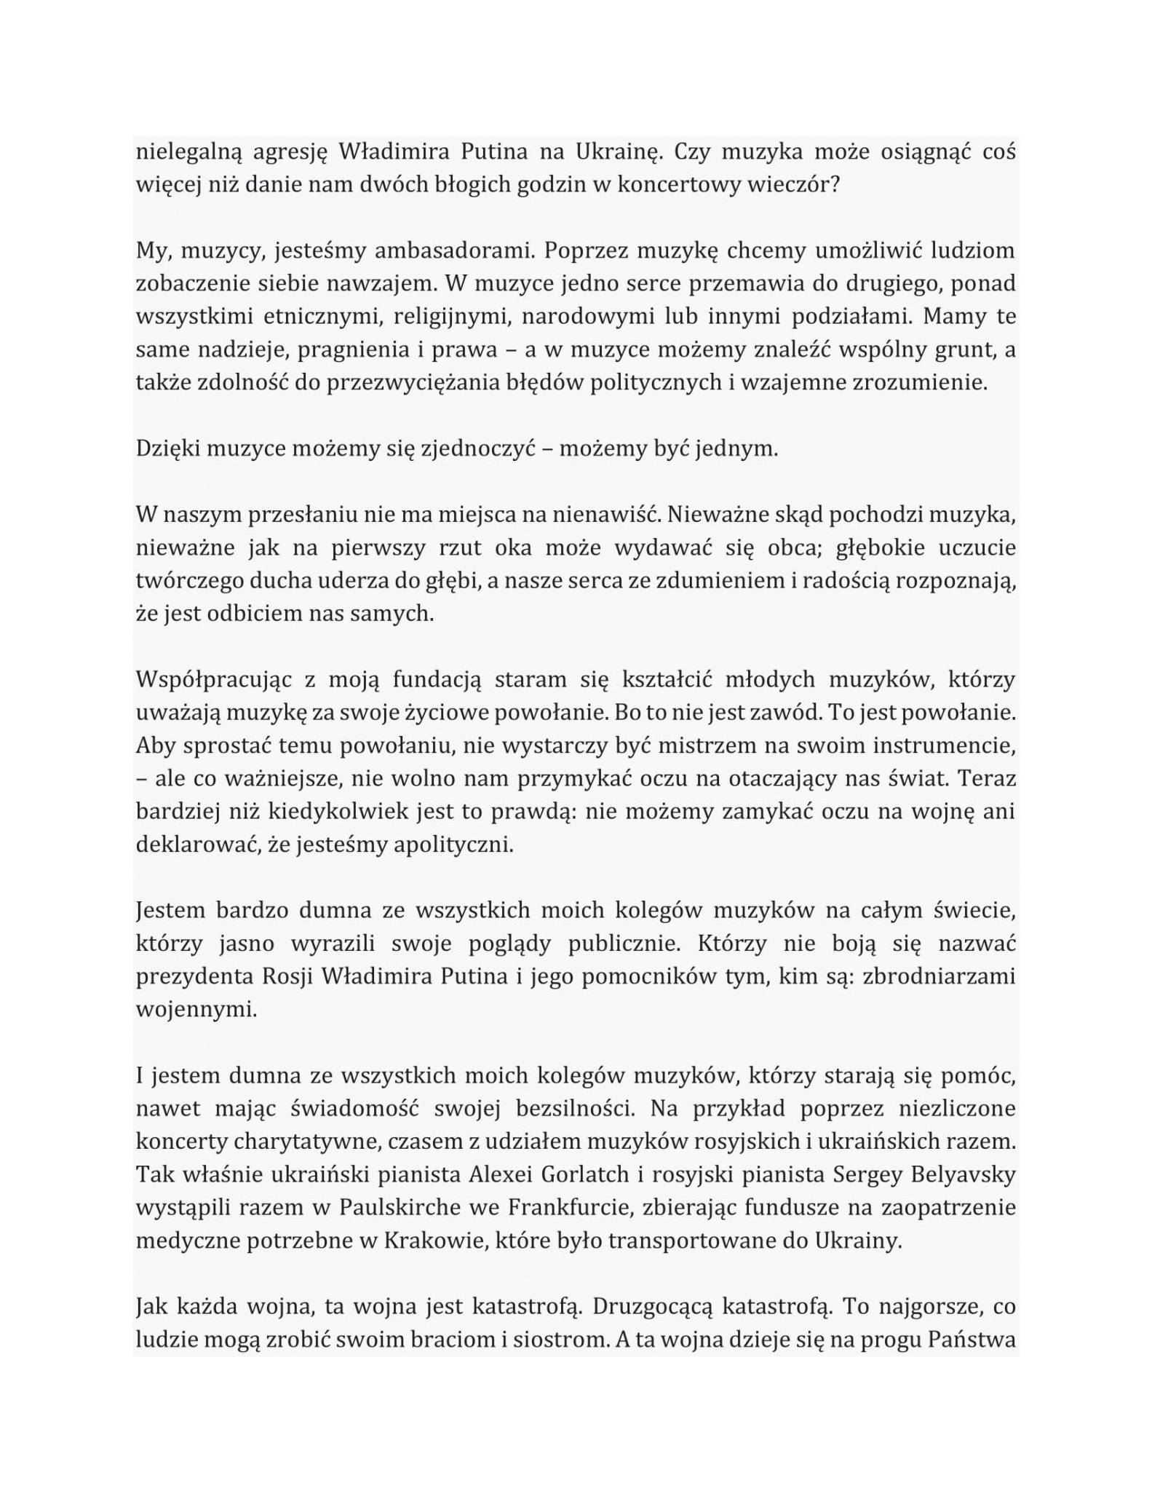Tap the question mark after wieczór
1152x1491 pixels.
pos(835,185)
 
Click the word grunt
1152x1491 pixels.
pos(965,350)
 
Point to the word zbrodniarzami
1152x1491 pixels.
pos(939,977)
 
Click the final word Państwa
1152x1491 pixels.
pos(972,1340)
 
